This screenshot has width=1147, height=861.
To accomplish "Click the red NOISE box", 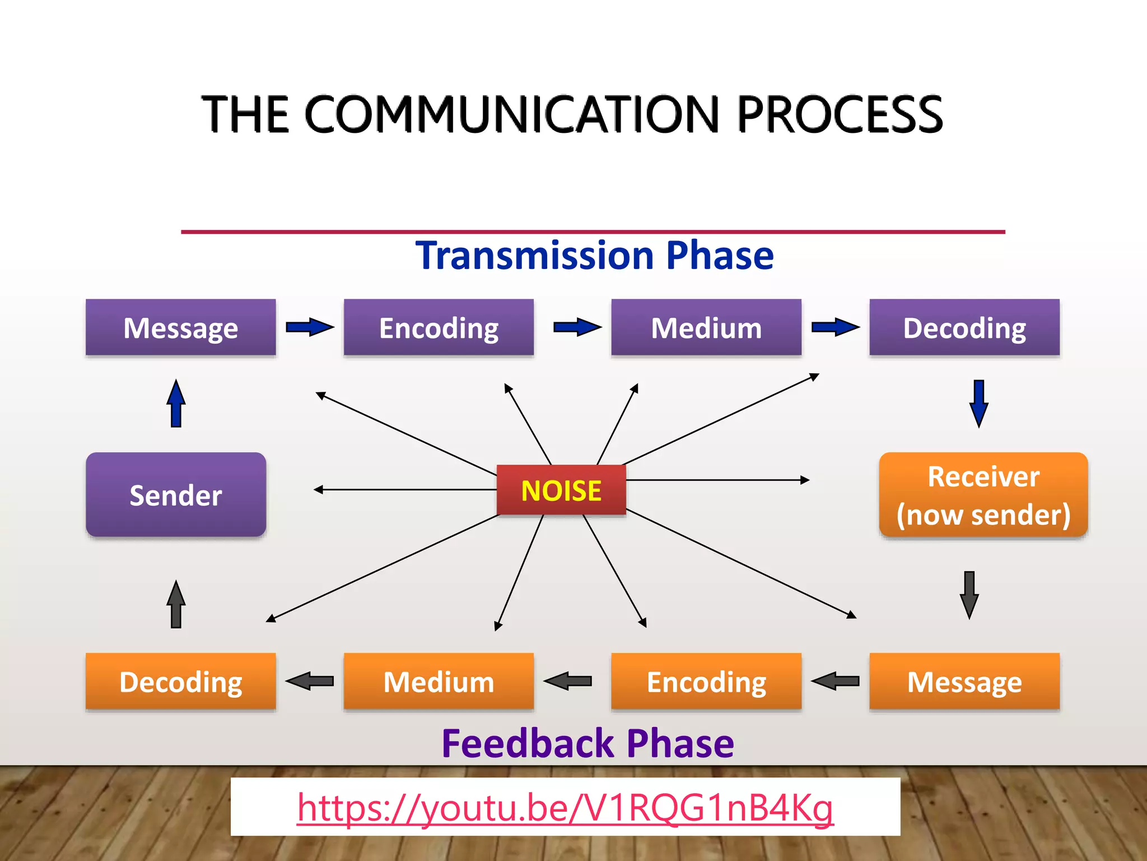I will click(561, 490).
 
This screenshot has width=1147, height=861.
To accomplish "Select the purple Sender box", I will click(176, 494).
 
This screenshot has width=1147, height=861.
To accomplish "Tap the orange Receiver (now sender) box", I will click(983, 495).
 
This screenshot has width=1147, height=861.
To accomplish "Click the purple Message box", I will click(180, 327).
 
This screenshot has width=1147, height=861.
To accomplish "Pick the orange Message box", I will click(964, 681).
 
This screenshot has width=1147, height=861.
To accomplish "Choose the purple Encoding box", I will click(439, 327).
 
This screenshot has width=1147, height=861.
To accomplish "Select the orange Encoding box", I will click(706, 681).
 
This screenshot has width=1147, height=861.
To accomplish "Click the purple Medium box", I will click(706, 327).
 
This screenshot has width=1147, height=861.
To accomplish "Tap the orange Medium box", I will click(439, 681).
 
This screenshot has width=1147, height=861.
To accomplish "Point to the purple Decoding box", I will click(964, 327).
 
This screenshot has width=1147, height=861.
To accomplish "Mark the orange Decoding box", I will click(180, 681).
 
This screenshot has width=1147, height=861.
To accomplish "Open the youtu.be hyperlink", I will click(565, 808).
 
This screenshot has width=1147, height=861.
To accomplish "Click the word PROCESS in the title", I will click(840, 114).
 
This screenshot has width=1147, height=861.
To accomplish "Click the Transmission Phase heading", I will click(594, 256).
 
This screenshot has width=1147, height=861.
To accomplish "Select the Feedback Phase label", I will click(588, 743).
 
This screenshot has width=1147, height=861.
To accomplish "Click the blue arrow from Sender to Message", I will click(176, 404).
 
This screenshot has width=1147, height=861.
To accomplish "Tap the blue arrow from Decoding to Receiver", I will click(978, 404).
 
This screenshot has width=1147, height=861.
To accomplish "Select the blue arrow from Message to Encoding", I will click(309, 327).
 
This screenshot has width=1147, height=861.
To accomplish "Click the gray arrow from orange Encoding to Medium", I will click(567, 681).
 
